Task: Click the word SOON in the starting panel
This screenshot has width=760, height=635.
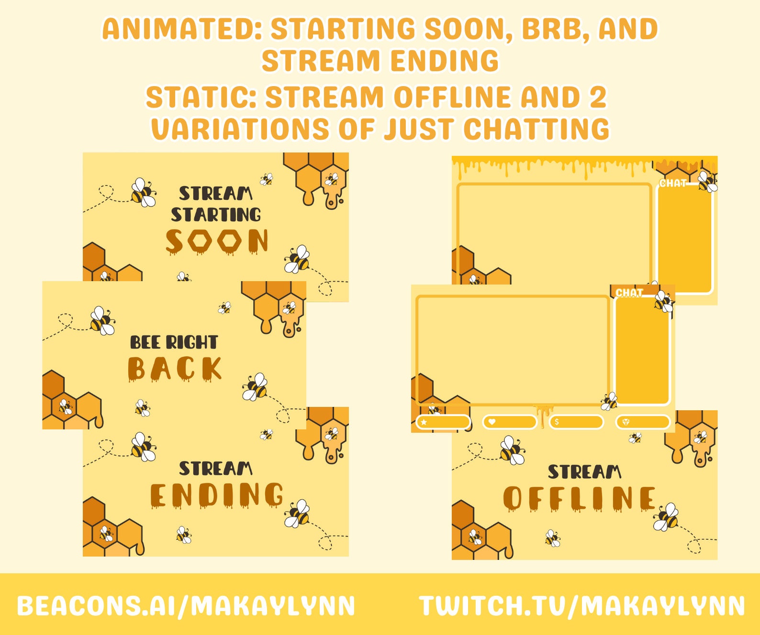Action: [217, 241]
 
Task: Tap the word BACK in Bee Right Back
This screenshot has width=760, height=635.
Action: [175, 369]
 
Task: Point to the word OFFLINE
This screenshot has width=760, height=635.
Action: [580, 498]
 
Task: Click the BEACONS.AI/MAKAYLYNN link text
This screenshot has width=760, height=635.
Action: [186, 606]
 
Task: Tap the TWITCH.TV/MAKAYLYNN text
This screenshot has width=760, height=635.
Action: [582, 606]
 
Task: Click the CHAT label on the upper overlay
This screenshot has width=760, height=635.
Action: [672, 183]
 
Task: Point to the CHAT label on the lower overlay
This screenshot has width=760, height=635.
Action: [629, 293]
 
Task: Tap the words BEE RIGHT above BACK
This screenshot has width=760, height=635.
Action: [174, 342]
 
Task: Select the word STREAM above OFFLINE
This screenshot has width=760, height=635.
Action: [584, 472]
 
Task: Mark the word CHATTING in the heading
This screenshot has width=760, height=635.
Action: [536, 130]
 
